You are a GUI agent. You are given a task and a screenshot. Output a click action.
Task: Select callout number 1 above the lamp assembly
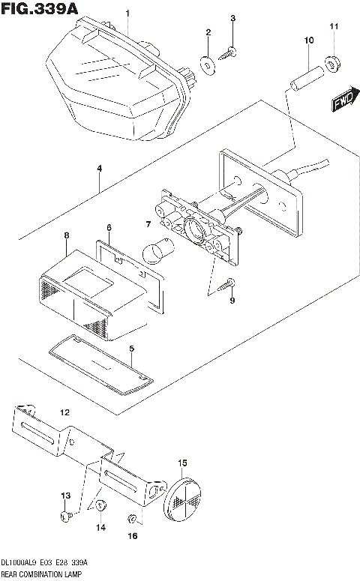pyautogui.click(x=127, y=13)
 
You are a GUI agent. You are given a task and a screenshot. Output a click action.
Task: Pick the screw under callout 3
pyautogui.click(x=229, y=51)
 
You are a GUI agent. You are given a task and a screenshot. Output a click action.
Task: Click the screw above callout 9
pyautogui.click(x=228, y=283)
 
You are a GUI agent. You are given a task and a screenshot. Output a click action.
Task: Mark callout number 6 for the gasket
pyautogui.click(x=109, y=227)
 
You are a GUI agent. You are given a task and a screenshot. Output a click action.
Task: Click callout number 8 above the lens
pyautogui.click(x=66, y=235)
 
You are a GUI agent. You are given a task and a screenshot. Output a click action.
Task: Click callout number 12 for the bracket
pyautogui.click(x=64, y=412)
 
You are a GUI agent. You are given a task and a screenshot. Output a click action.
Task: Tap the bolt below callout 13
pyautogui.click(x=64, y=517)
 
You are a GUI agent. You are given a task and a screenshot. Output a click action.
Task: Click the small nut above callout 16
pyautogui.click(x=132, y=518)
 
